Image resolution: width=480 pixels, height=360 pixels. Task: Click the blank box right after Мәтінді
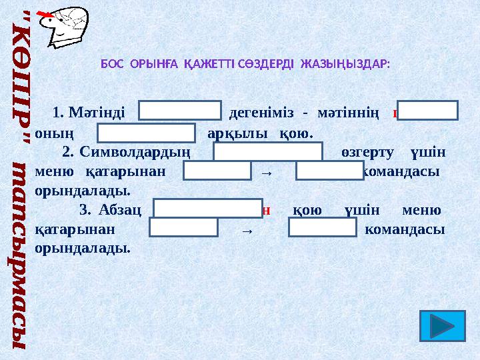(181, 111)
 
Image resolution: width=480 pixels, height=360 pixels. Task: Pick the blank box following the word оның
(147, 133)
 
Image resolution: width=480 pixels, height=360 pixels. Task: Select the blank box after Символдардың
(268, 153)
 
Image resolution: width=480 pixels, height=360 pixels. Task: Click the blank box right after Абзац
(207, 209)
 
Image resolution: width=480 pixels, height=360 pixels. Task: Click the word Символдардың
(135, 153)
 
